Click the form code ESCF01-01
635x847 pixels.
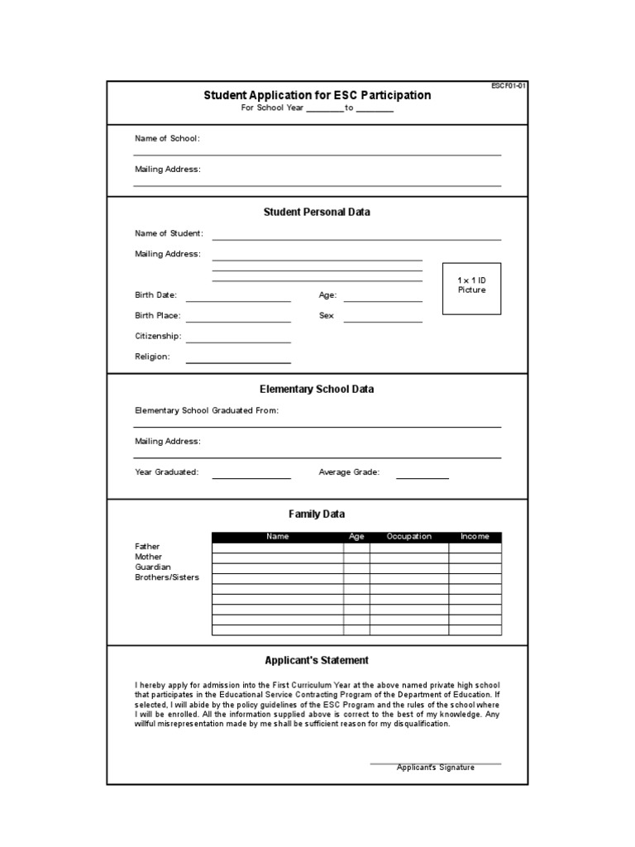(509, 85)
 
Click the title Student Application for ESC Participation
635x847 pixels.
(317, 95)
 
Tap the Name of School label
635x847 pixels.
(167, 138)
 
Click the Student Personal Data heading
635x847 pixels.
(317, 212)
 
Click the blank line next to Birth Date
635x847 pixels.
(238, 299)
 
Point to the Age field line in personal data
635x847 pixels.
(382, 299)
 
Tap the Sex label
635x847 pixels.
(326, 316)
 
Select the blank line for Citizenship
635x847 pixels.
(238, 340)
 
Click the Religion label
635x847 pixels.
(152, 357)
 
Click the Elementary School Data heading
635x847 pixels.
(317, 389)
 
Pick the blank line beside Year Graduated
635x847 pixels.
(251, 476)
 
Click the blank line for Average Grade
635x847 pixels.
(422, 476)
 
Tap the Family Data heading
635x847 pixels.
(317, 514)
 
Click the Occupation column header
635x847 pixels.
(409, 537)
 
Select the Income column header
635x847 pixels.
(475, 537)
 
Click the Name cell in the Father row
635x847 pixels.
(278, 548)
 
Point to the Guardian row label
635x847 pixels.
(152, 567)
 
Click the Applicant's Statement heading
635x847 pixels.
(317, 660)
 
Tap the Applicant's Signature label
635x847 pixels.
(435, 768)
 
